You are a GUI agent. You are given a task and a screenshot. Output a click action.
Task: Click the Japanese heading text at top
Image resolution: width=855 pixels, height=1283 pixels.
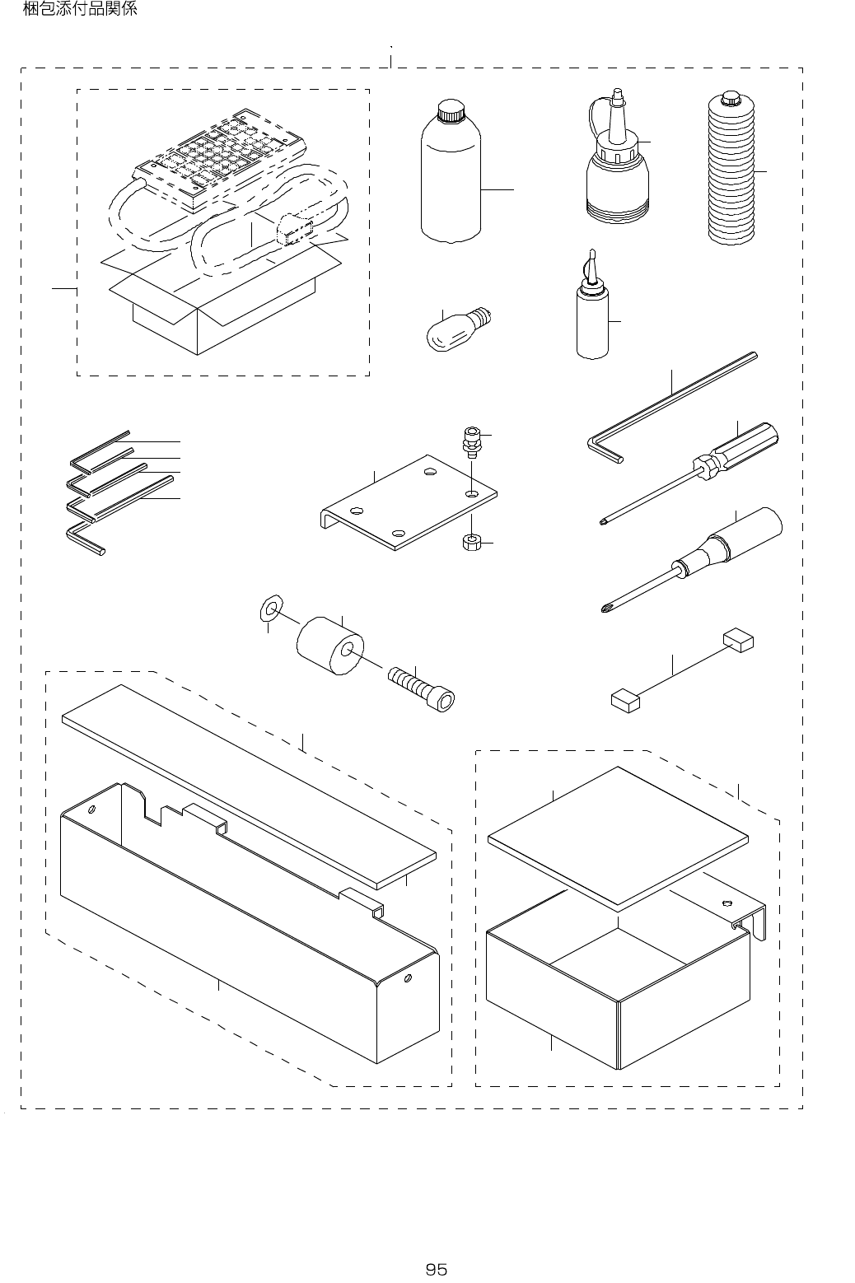point(79,10)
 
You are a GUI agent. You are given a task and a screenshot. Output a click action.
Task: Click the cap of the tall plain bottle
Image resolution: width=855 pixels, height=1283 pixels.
point(451,110)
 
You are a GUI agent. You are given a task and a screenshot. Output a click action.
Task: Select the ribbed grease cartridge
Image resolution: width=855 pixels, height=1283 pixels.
point(731,173)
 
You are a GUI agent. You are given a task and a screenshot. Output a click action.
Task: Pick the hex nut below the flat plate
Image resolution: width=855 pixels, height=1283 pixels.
point(470,543)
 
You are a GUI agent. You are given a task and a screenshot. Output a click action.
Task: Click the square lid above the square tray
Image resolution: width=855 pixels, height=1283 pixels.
point(618,836)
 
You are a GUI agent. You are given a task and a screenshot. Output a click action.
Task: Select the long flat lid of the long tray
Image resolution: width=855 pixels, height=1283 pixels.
point(247,782)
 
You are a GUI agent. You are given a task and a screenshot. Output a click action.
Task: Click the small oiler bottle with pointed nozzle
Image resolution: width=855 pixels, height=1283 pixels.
point(592,321)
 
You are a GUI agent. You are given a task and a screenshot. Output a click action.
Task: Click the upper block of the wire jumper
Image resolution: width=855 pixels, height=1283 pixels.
point(738,640)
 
